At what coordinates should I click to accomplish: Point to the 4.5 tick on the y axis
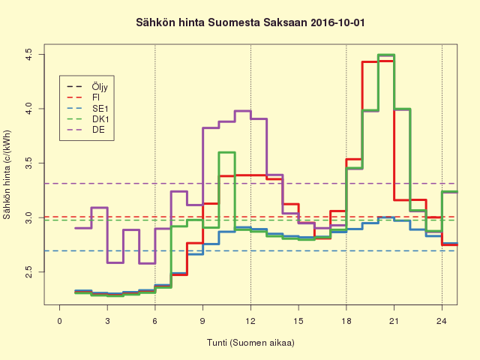click(28, 55)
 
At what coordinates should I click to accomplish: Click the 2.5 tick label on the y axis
click(28, 271)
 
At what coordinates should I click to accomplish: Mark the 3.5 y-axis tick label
click(28, 163)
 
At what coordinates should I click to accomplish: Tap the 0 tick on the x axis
click(60, 321)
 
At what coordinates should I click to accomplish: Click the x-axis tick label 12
click(250, 321)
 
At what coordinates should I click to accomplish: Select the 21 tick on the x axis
click(394, 321)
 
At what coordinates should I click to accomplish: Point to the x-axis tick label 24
click(442, 321)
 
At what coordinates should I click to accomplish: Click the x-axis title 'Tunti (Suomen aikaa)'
click(250, 343)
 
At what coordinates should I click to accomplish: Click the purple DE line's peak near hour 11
click(242, 111)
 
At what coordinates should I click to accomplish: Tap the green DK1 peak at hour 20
click(385, 55)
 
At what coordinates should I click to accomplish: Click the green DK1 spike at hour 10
click(226, 152)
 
